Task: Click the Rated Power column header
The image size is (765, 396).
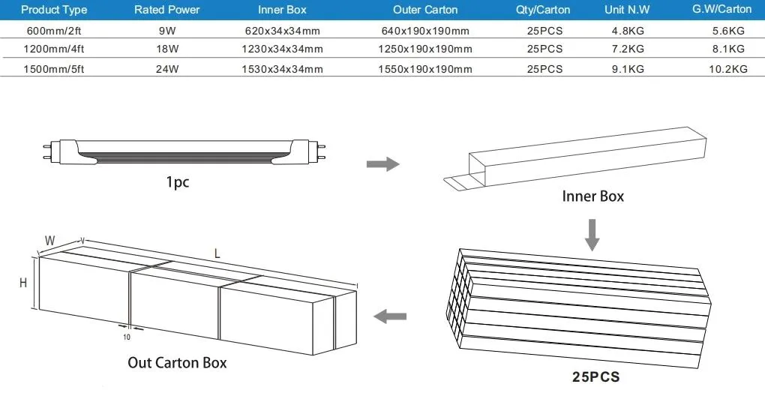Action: pos(167,10)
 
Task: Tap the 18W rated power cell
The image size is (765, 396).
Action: pos(167,49)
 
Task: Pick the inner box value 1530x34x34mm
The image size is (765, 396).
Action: pos(282,69)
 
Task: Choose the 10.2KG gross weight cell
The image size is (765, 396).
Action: pos(730,69)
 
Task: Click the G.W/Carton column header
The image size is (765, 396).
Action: pos(722,10)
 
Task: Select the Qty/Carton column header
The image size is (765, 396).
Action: pos(544,10)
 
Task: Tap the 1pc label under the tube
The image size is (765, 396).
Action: pos(177,182)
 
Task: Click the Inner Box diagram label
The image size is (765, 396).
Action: pos(592,196)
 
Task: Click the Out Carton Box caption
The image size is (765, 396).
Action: pos(177,363)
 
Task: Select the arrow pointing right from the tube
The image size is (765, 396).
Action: pos(382,164)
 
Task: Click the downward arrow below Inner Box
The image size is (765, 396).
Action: pos(592,234)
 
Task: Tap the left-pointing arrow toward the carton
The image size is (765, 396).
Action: pos(390,316)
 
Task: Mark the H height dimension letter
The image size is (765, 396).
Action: pos(24,283)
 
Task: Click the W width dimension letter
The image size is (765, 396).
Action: pos(49,241)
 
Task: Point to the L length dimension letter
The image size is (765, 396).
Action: pos(217,254)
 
